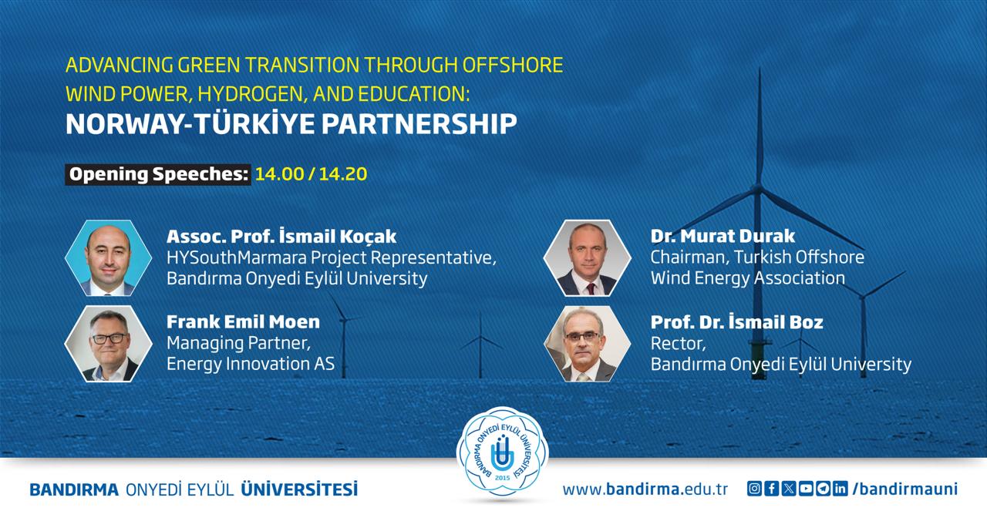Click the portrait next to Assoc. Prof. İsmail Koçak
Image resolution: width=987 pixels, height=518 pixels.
coord(109,258)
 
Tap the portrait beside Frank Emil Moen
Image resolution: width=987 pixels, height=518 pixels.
coord(109,344)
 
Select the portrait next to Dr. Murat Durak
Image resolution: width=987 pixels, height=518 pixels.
coord(588,258)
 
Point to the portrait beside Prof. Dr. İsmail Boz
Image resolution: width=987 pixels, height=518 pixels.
coord(588,344)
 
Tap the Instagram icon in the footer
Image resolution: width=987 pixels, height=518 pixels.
coord(754,489)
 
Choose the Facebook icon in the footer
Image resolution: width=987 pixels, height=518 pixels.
coord(772,489)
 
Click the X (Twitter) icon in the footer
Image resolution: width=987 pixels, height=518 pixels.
coord(789,489)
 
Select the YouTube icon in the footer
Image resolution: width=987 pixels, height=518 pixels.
coord(806,489)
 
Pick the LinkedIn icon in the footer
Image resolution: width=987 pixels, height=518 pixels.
coord(840,489)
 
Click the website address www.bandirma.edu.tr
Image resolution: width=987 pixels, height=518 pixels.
coord(645,489)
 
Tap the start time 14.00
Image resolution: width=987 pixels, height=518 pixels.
coord(279,174)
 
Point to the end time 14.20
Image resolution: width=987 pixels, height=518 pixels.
coord(343,174)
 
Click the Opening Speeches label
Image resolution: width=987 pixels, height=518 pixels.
coord(159,174)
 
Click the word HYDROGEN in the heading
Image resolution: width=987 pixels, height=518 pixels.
coord(252,94)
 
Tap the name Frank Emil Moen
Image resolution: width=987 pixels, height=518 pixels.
coord(243,322)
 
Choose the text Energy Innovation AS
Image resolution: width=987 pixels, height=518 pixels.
coord(251,364)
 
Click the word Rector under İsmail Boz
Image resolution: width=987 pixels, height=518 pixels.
coord(679,344)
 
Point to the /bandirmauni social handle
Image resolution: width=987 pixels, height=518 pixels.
coord(905,489)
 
